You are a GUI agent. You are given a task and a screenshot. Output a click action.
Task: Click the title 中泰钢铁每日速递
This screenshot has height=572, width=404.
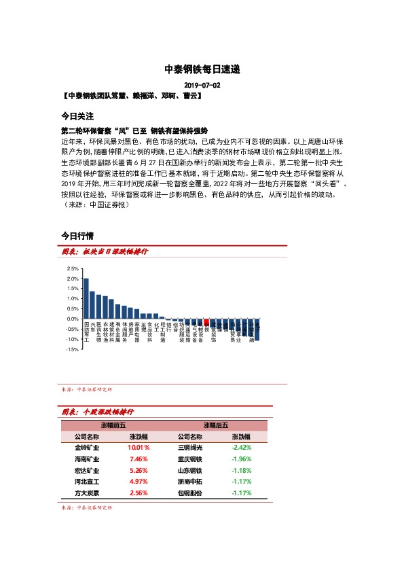pos(202,69)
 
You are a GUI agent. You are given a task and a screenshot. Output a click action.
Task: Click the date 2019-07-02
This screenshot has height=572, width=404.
pos(202,86)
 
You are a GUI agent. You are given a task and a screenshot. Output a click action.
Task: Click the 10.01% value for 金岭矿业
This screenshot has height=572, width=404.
pos(139,448)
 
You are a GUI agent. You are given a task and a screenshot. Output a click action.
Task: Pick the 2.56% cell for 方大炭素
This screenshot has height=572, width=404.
pos(139,493)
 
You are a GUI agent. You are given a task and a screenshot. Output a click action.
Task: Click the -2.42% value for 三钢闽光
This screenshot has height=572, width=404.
pos(242,448)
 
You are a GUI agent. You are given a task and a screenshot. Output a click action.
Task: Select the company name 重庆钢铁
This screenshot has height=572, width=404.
pos(190,459)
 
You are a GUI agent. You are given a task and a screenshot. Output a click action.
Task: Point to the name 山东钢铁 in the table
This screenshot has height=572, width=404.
pos(190,470)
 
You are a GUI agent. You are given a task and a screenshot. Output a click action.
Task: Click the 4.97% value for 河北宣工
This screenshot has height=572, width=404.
pos(139,482)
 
